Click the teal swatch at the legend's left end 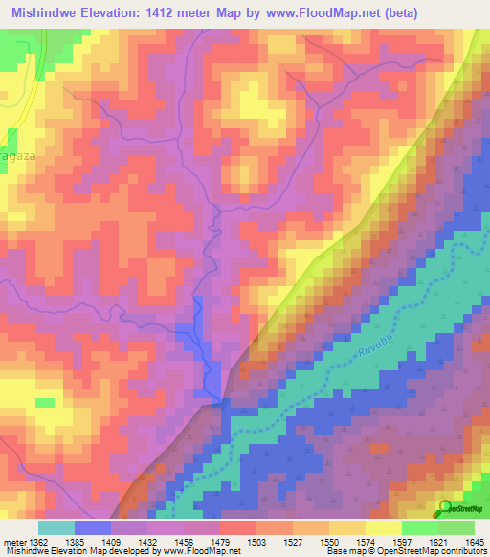click(56, 527)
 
